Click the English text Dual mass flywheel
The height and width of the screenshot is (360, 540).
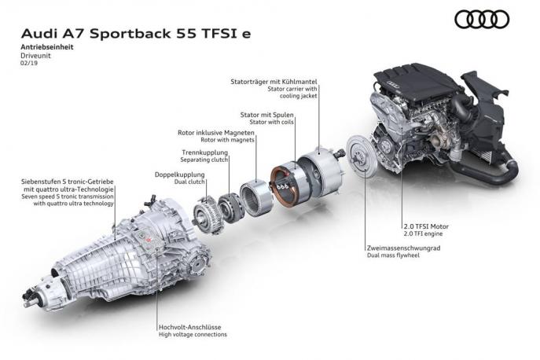[x=395, y=256]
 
